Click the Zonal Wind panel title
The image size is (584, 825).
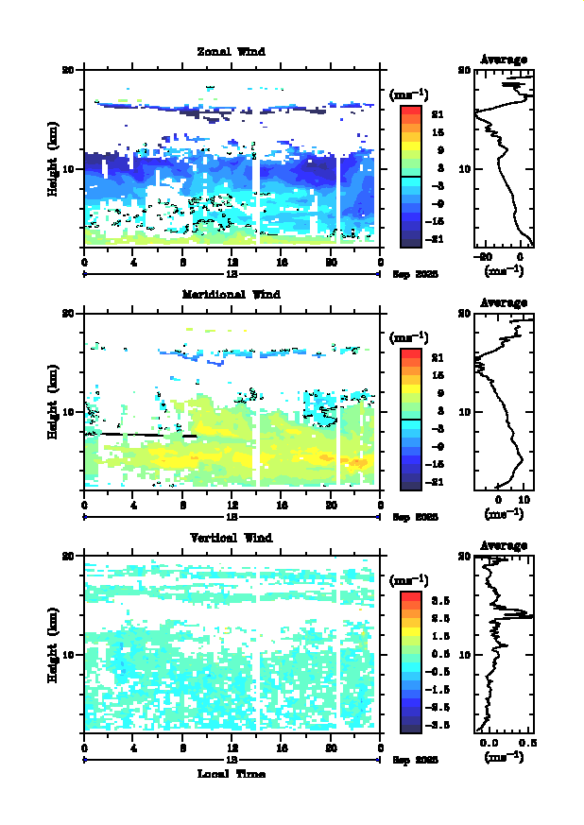click(232, 51)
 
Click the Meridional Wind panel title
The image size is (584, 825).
click(232, 294)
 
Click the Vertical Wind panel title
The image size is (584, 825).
click(232, 538)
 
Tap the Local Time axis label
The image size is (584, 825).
click(232, 774)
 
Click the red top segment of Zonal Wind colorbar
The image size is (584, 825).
click(410, 112)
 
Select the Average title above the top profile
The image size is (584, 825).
click(504, 60)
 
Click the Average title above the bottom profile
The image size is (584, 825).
click(504, 545)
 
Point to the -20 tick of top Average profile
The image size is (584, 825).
click(485, 256)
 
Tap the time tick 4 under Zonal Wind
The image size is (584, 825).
click(134, 262)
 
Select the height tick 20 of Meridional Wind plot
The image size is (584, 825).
click(68, 313)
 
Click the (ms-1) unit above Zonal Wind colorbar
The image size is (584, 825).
click(410, 94)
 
